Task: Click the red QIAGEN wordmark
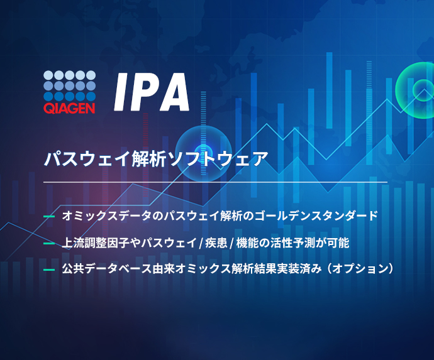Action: [69, 108]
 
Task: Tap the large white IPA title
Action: [152, 92]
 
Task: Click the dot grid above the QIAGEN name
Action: [69, 85]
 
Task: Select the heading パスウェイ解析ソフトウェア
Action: [156, 159]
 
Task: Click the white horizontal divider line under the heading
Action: [215, 182]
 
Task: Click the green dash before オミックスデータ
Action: [49, 216]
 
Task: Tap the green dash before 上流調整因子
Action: [49, 243]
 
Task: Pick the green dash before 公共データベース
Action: [49, 270]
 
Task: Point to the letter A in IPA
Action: [175, 92]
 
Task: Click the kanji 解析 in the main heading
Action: [149, 159]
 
